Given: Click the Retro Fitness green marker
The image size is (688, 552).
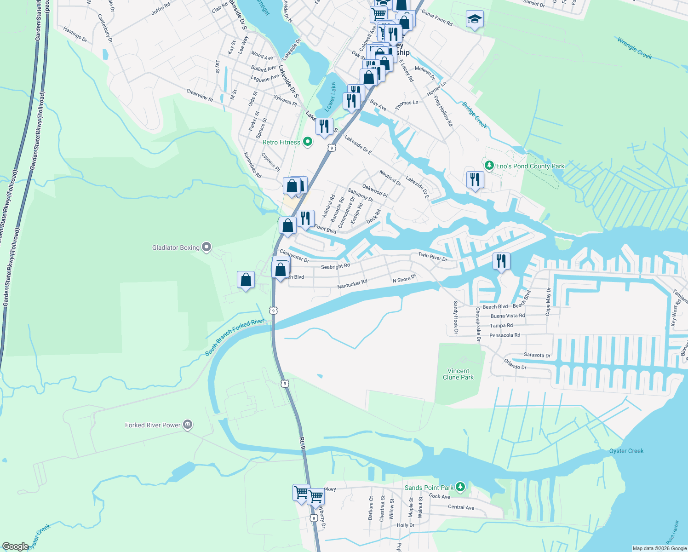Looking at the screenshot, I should click(x=308, y=142).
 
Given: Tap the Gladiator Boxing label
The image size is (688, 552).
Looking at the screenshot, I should click(x=176, y=247).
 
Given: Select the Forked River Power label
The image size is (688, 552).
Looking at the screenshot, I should click(x=153, y=425).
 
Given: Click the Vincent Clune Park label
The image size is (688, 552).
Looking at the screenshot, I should click(x=458, y=374).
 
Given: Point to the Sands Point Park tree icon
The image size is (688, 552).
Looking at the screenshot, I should click(x=460, y=487).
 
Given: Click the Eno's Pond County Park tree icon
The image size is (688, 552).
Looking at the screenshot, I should click(x=489, y=165).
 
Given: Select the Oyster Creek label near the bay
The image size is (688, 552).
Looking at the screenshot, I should click(x=626, y=451).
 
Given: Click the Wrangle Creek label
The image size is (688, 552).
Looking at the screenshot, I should click(x=634, y=48).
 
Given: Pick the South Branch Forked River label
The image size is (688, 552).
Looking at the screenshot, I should click(x=235, y=337).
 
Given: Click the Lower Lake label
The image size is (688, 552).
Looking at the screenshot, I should click(x=330, y=97).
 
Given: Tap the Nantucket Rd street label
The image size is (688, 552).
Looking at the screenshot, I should click(x=352, y=284).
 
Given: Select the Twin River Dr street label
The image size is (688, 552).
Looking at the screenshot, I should click(x=432, y=256).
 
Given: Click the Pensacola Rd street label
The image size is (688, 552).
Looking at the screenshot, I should click(x=505, y=335).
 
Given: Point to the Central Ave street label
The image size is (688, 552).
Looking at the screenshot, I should click(x=461, y=507).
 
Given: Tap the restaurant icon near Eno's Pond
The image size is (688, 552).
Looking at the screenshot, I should click(x=475, y=179).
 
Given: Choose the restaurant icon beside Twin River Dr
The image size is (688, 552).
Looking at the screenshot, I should click(x=501, y=261).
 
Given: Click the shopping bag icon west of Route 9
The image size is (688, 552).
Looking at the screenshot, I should click(x=246, y=280).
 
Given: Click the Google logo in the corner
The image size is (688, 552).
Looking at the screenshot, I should click(x=15, y=546).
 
